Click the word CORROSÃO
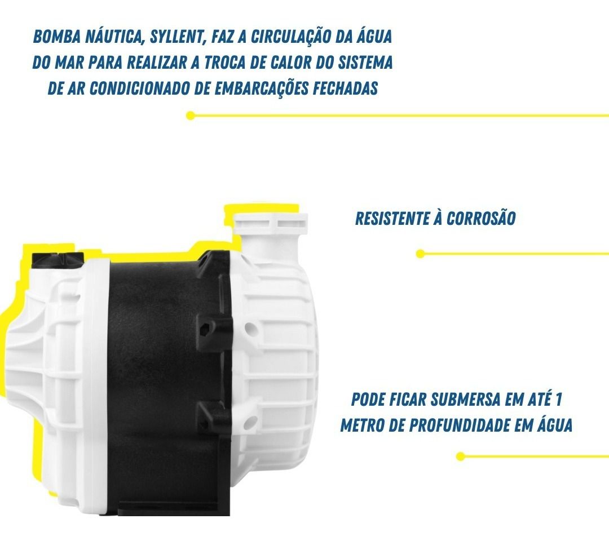481,219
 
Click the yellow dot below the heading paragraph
191,116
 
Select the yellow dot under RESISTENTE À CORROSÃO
420,254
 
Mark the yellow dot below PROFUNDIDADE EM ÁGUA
461,456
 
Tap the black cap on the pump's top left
58,259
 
